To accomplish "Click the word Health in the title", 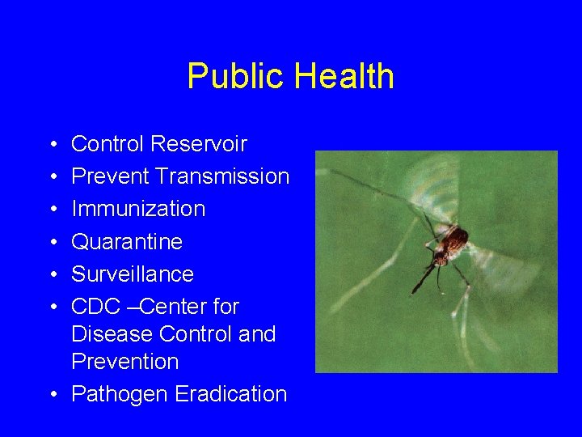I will click(x=344, y=77).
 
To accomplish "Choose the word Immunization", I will click(x=138, y=209).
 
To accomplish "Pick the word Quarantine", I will click(x=127, y=241).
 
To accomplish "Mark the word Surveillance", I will click(x=133, y=274).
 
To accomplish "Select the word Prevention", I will click(x=124, y=361).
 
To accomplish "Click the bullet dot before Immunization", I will click(x=52, y=210).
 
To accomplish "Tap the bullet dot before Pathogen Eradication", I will click(x=52, y=395).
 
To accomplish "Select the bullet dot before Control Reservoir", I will click(x=52, y=145).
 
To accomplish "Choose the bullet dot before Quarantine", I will click(x=52, y=242).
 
